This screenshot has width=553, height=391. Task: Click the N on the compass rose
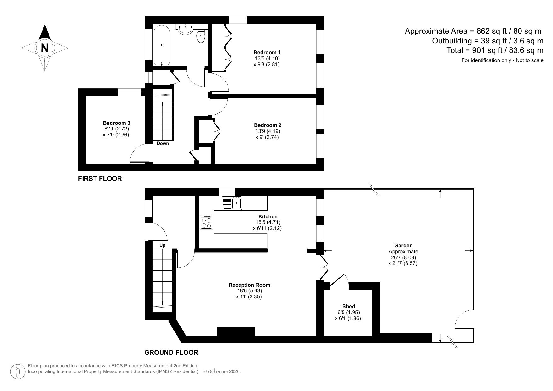point(45,48)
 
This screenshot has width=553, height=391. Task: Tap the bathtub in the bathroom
point(161,46)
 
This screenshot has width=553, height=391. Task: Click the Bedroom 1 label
point(267,52)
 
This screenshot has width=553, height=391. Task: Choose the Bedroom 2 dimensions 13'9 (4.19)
point(268,131)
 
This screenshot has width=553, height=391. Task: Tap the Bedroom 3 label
point(116,123)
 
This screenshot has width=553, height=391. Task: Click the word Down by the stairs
point(163,143)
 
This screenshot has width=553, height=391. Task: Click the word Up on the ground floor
point(162,245)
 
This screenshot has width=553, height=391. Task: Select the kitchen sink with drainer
point(232,203)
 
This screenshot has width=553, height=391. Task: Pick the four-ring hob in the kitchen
point(207,222)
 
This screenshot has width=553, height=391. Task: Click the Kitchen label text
point(268,216)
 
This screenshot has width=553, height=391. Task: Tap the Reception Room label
point(249,285)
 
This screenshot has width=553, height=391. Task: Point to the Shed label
point(349,306)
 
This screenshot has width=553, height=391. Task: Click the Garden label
point(403,245)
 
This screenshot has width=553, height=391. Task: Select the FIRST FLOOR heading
point(100,179)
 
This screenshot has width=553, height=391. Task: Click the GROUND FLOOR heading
point(171,353)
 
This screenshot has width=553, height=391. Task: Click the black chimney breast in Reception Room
point(236,332)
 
